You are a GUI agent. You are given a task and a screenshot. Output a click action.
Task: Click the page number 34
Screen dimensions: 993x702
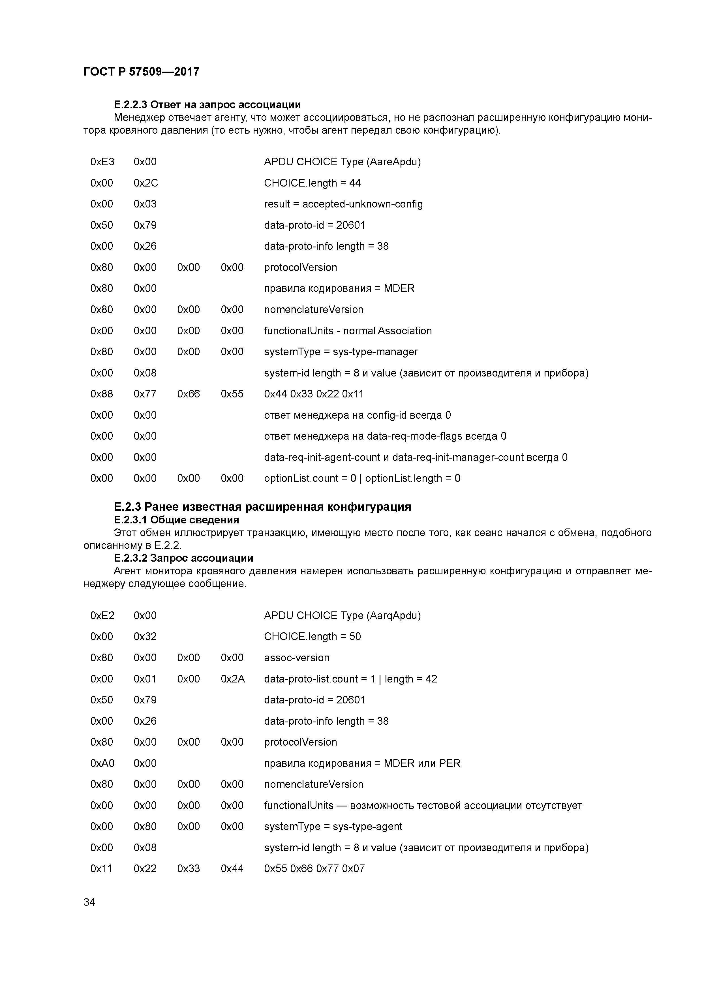(x=89, y=902)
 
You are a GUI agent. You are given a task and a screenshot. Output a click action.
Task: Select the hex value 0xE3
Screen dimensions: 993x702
(x=102, y=162)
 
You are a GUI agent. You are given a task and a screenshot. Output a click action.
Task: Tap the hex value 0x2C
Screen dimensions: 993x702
(x=146, y=183)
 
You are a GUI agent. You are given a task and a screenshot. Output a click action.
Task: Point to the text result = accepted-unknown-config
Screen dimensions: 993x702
(x=343, y=204)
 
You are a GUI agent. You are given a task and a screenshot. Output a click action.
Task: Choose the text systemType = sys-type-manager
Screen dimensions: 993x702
(x=341, y=352)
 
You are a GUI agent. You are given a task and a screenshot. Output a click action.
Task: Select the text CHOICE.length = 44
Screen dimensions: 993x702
(x=312, y=183)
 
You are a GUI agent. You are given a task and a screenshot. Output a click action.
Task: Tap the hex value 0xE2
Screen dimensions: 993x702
(x=102, y=615)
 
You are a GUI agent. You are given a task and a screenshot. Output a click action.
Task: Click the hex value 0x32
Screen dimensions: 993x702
(x=145, y=637)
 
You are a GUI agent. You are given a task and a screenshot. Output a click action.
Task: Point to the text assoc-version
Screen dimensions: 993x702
(x=297, y=658)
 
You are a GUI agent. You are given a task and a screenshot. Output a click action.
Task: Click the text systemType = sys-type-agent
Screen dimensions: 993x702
(x=333, y=827)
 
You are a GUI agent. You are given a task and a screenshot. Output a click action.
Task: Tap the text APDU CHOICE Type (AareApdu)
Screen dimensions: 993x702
(x=342, y=162)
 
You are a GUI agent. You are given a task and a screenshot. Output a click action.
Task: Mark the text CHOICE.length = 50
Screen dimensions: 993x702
(x=312, y=637)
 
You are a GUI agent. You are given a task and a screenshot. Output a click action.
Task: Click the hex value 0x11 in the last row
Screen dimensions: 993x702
(x=101, y=868)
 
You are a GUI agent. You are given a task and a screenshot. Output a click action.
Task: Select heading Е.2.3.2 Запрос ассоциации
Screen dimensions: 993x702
(x=183, y=558)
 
